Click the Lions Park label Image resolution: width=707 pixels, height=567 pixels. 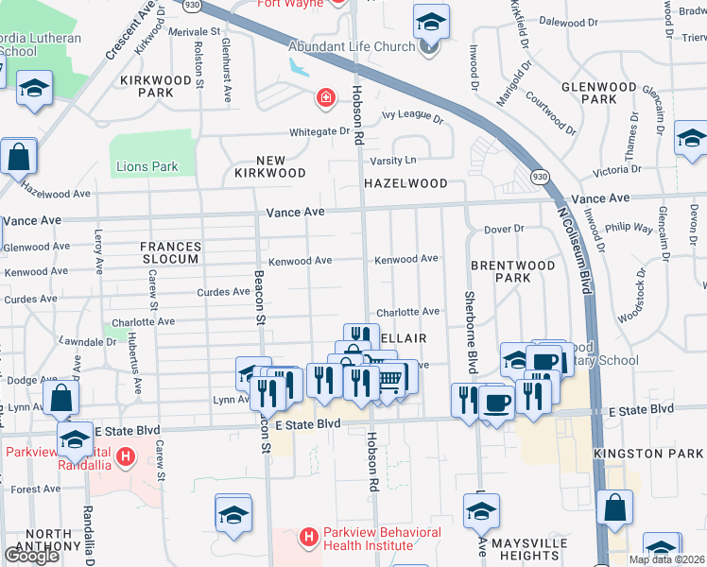coord(147,167)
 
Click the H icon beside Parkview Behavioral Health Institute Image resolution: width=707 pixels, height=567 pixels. coord(307,539)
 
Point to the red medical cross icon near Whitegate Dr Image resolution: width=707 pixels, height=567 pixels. coord(324,97)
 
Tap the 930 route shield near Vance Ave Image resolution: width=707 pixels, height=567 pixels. coord(539,176)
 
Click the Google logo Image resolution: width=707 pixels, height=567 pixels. coord(31,556)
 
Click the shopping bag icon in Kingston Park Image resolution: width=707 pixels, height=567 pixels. coord(615,507)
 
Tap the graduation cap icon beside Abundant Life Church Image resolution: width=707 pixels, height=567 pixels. coord(430,22)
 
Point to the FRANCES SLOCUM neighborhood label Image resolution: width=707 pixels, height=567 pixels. coord(170,252)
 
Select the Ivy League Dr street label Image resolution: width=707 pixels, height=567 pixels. coord(412,119)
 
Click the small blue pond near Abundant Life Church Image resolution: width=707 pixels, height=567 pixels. coord(301,68)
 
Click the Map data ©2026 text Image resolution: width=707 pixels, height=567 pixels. coord(665,559)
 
